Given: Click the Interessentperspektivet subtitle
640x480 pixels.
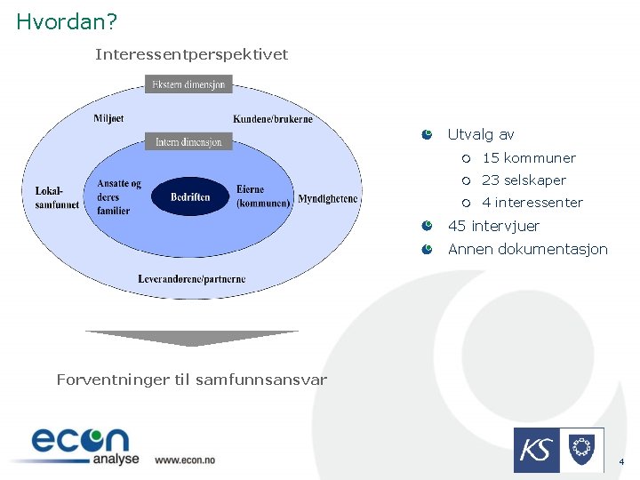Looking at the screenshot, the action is click(x=191, y=55).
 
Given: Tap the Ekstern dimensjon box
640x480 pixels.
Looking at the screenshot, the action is click(x=188, y=84).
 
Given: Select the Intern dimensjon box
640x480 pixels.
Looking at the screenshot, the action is click(x=188, y=141).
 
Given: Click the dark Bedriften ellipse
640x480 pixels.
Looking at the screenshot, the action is click(x=190, y=196).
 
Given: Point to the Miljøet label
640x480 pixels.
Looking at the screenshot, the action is click(x=108, y=119).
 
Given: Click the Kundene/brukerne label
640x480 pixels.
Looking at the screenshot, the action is click(x=273, y=119).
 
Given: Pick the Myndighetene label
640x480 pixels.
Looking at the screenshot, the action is click(x=328, y=198).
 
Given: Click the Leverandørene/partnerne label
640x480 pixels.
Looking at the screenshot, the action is click(x=191, y=279).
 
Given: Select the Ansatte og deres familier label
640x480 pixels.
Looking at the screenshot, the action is click(x=119, y=196).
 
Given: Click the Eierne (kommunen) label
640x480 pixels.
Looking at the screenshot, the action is click(x=263, y=196).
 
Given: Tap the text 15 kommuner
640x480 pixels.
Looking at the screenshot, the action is click(x=529, y=158).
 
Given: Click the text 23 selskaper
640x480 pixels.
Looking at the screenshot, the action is click(x=524, y=180).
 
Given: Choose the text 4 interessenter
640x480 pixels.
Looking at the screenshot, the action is click(x=532, y=203).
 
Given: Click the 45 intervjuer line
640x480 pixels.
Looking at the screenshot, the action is click(x=493, y=226).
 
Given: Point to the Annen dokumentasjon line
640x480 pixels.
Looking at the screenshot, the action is click(x=527, y=249).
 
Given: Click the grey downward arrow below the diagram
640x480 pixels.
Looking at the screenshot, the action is click(x=191, y=338).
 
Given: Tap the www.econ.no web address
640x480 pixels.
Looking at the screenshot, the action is click(x=184, y=460).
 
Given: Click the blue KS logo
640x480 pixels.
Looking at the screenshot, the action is click(x=536, y=450).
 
